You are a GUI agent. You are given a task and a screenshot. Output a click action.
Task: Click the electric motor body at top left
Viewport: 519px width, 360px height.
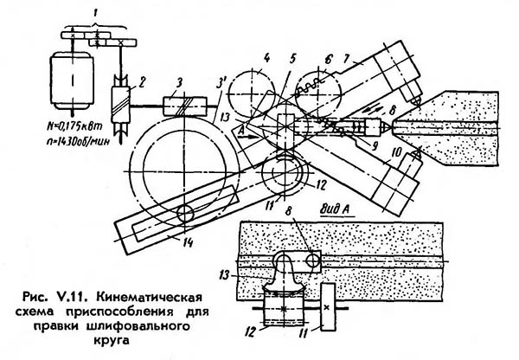click(72, 80)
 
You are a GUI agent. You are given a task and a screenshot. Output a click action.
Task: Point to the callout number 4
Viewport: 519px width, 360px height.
click(266, 59)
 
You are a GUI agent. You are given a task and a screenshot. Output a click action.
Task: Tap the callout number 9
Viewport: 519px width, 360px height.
click(375, 146)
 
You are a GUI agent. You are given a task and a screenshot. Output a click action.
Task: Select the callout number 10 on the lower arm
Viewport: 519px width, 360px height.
click(396, 152)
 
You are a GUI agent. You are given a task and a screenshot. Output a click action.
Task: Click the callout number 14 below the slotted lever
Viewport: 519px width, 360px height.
click(188, 242)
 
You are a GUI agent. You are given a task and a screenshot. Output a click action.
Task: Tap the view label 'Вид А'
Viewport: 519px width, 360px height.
click(336, 209)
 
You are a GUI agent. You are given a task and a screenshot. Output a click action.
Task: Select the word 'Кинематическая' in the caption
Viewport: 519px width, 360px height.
click(149, 296)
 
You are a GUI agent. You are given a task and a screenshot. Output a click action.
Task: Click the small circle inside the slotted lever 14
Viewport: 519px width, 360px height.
click(185, 214)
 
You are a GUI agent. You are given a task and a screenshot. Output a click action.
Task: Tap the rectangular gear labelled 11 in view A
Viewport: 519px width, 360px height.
click(327, 306)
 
